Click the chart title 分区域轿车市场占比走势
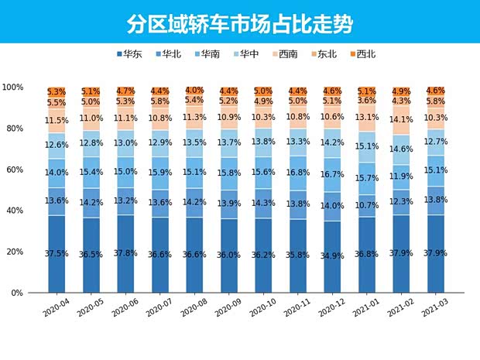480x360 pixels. click(x=240, y=23)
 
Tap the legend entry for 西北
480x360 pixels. click(x=363, y=54)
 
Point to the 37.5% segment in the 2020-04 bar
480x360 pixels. click(x=57, y=253)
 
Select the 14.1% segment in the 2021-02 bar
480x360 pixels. click(x=401, y=120)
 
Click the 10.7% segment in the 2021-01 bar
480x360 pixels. click(x=367, y=206)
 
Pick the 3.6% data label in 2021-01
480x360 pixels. click(x=367, y=100)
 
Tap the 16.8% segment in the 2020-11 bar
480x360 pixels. click(x=298, y=173)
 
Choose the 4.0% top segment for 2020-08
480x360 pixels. click(x=194, y=90)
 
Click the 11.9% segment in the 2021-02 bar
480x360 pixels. click(x=401, y=177)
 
